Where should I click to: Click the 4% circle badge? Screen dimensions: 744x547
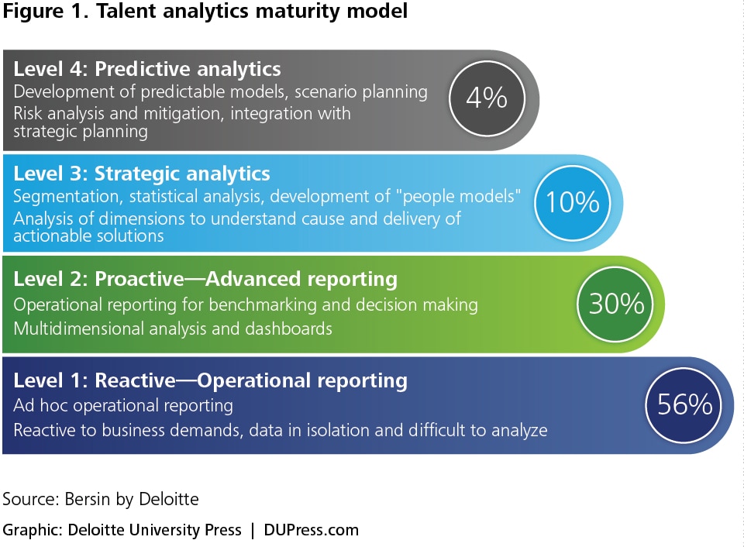coord(487,98)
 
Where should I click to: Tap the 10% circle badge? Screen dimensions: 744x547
coord(572,202)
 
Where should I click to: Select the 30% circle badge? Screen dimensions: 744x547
coord(615,304)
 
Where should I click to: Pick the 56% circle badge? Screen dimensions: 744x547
coord(684,405)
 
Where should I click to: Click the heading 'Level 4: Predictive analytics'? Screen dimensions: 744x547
coord(147,69)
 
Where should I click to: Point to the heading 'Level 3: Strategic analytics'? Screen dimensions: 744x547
coord(141,174)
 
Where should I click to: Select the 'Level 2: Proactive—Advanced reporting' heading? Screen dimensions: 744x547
coord(205,279)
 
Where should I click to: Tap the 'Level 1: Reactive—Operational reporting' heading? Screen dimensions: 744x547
coord(210,380)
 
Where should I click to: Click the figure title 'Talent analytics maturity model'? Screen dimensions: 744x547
coord(252,12)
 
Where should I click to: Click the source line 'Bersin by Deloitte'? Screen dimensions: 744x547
coord(132,499)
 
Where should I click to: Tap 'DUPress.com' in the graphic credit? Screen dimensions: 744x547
coord(312,530)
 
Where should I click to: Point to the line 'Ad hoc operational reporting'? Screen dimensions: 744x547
coord(123,406)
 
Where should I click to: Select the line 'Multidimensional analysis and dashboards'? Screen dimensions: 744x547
coord(173,329)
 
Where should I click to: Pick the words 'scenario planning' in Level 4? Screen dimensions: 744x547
coord(361,92)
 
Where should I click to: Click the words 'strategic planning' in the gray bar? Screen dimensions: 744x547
coord(81,132)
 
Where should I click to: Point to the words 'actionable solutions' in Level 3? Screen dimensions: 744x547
coord(88,236)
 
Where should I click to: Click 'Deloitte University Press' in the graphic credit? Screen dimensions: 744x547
coord(155,530)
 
